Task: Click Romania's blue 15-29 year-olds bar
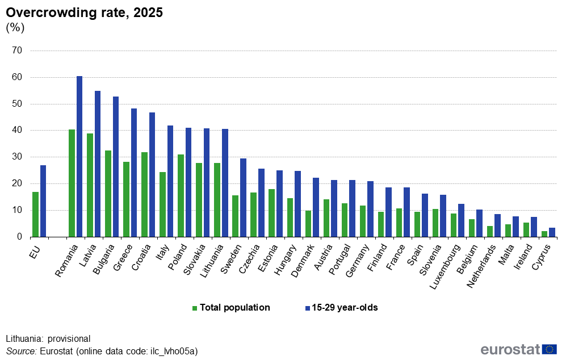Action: pos(79,156)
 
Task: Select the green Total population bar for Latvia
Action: pos(90,185)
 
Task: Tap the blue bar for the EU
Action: pos(43,201)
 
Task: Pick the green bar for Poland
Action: pos(181,196)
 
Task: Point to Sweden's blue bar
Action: pos(243,198)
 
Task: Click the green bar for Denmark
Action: pos(308,224)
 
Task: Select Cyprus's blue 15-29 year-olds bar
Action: pos(552,232)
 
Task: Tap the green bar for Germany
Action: pos(362,221)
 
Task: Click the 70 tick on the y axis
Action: pos(17,51)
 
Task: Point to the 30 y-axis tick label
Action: pos(17,157)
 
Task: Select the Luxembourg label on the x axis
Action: pos(445,267)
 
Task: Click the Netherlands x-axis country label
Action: pos(481,266)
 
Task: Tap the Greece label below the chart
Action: pos(123,257)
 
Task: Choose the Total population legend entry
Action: pos(231,308)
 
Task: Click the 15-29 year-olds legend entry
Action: pos(342,308)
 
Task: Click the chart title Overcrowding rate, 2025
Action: pos(85,12)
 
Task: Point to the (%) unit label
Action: pos(15,28)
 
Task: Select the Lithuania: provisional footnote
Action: pos(48,338)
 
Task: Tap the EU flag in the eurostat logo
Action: pos(550,350)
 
